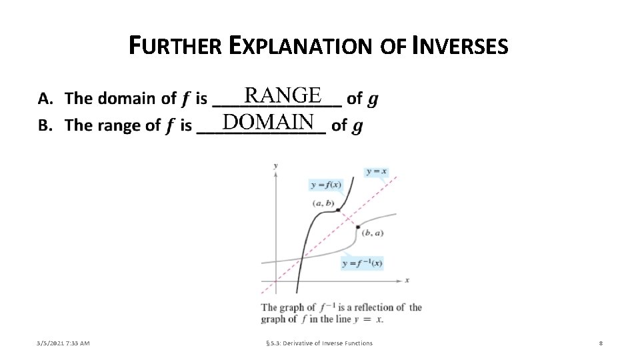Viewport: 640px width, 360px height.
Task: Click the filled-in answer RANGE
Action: click(x=283, y=95)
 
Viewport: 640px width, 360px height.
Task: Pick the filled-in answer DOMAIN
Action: click(x=269, y=122)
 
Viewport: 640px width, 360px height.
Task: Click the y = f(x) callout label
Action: click(x=326, y=185)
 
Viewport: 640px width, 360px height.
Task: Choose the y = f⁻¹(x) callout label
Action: click(x=362, y=263)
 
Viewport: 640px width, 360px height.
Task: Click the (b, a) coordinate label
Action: click(x=372, y=233)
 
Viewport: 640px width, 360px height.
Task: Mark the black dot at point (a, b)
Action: click(x=339, y=210)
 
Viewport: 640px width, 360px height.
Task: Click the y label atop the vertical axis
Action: click(x=275, y=164)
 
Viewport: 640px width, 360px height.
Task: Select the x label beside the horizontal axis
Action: click(x=407, y=279)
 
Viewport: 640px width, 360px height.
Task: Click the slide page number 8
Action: click(x=601, y=343)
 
